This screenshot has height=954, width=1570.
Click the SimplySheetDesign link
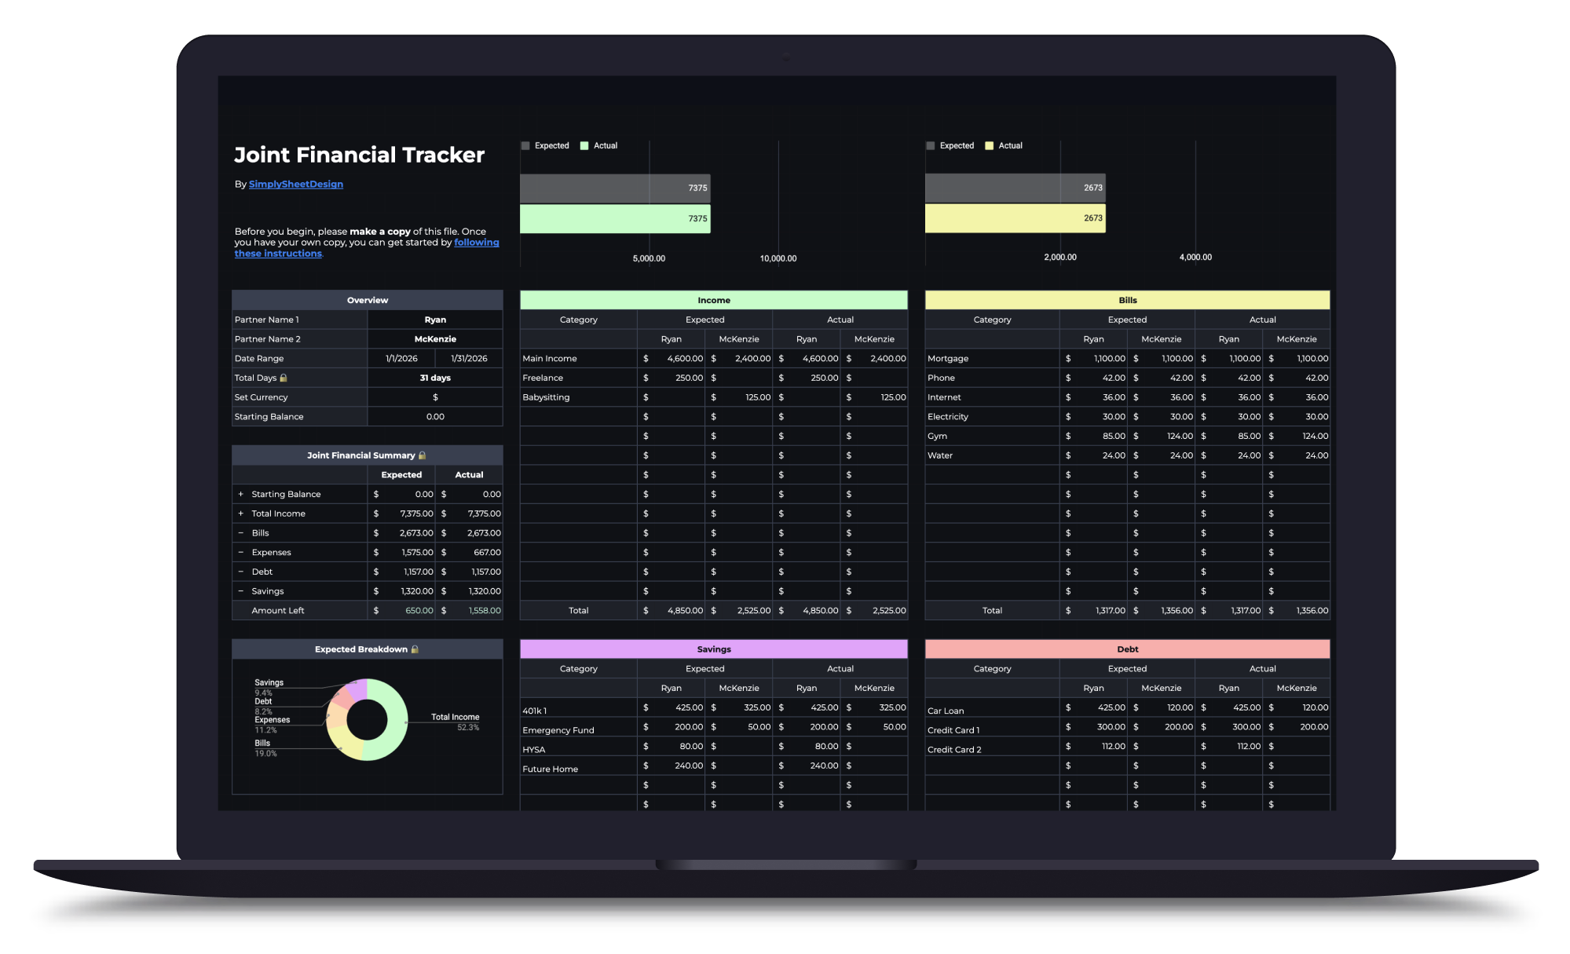tap(296, 185)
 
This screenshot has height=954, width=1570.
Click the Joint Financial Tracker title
tap(360, 155)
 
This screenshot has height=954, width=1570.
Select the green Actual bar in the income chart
tap(615, 218)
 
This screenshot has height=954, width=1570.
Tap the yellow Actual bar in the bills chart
tap(1016, 218)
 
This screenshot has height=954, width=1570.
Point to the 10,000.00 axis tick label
tap(778, 258)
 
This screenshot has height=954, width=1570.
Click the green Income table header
tap(714, 300)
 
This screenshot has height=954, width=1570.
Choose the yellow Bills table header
tap(1128, 300)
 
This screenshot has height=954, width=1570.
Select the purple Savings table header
tap(714, 649)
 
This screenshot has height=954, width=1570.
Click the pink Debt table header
tap(1128, 649)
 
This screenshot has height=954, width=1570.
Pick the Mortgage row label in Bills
tap(948, 359)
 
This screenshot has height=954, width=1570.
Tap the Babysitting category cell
tap(546, 397)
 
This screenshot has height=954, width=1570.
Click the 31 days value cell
tap(435, 378)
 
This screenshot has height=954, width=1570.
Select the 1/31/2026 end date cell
tap(469, 359)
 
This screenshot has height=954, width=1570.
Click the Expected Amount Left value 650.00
tap(419, 611)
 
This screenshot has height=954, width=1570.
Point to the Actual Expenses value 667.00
tap(487, 553)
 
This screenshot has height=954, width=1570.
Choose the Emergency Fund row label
tap(558, 730)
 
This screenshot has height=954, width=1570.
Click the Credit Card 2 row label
tap(954, 750)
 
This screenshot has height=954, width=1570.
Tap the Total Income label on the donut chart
tap(455, 717)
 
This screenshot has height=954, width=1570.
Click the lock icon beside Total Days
tap(284, 378)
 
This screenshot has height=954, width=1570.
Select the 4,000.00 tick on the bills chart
tap(1195, 258)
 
